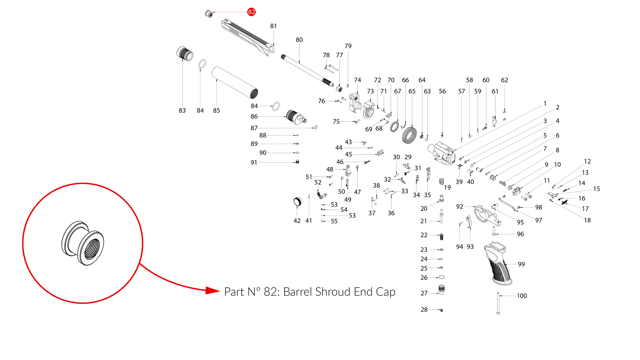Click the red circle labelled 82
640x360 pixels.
252,12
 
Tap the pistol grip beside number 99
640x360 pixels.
498,263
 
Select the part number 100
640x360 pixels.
522,296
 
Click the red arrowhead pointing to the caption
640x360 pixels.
212,291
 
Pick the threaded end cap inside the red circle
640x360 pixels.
83,243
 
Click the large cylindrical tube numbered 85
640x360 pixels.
234,83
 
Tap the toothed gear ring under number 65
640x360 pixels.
409,135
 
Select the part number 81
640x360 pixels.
273,26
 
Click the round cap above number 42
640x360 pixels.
298,202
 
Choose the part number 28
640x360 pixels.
424,310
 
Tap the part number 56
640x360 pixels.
442,91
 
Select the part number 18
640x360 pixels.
587,220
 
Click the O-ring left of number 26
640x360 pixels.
442,277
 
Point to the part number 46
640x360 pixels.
340,162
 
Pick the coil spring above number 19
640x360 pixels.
442,181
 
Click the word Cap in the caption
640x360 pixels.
385,292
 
